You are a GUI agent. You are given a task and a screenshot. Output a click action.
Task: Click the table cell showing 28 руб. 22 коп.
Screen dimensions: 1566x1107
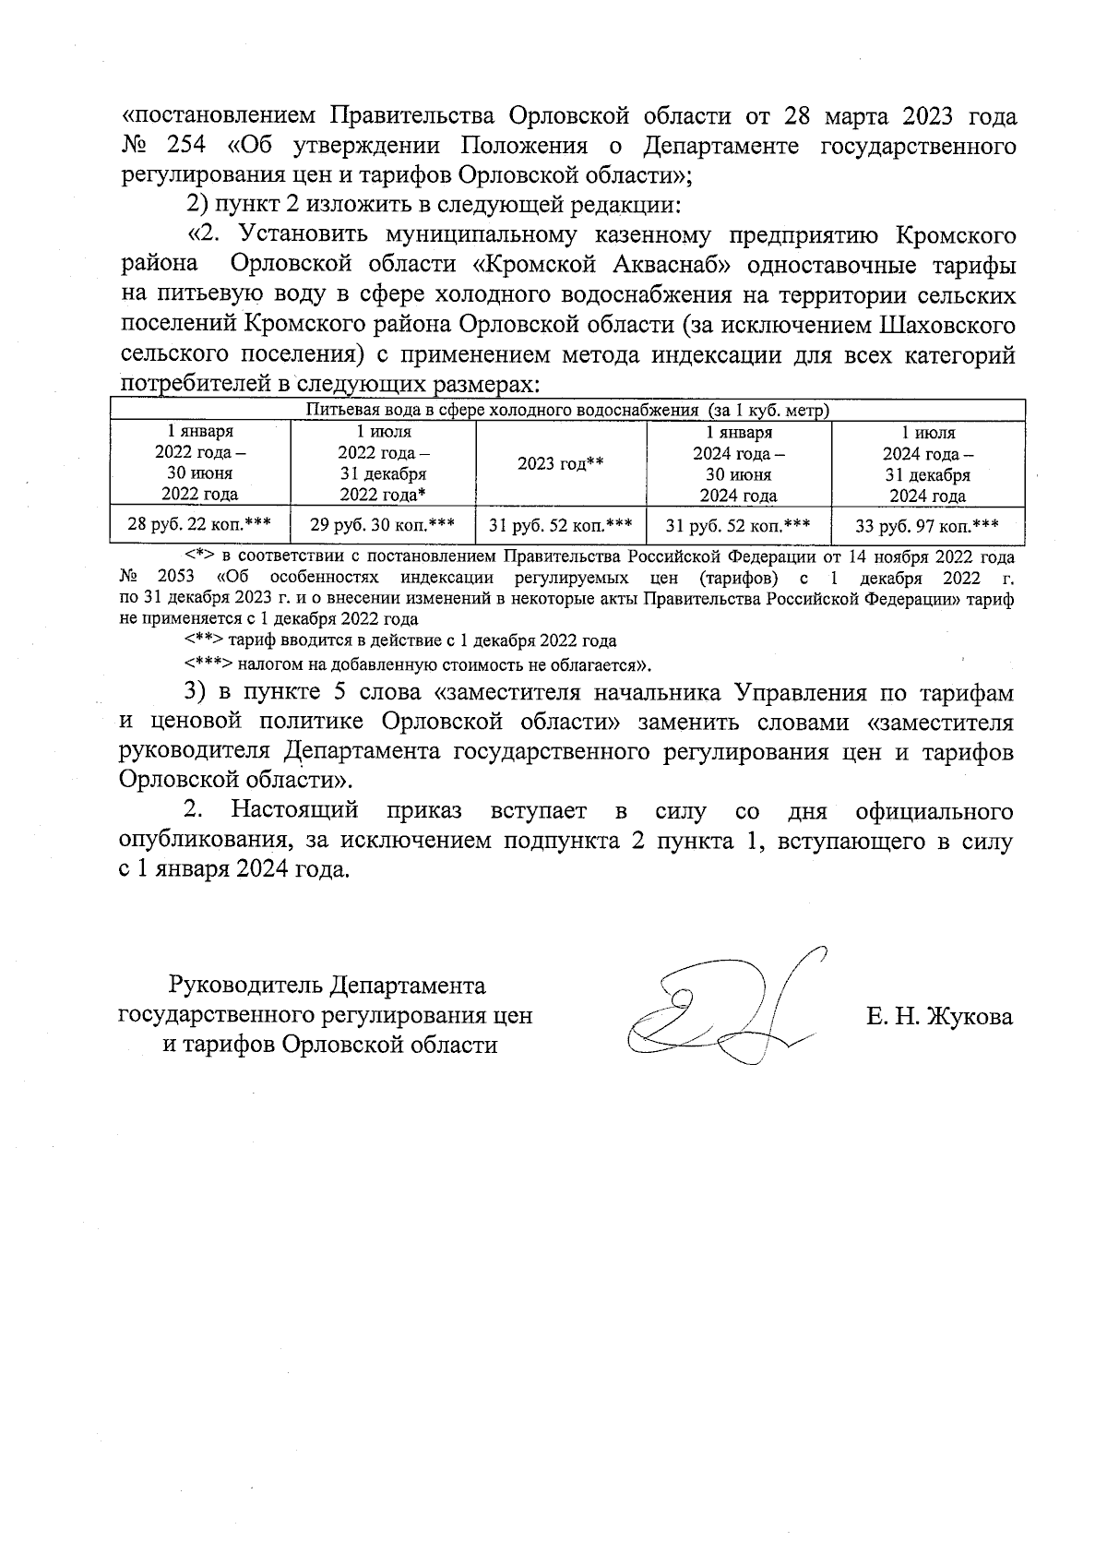(199, 525)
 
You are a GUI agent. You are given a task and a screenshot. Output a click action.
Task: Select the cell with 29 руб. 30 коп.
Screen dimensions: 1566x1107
(382, 525)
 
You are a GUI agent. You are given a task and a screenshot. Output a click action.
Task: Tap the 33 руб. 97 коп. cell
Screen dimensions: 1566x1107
(927, 526)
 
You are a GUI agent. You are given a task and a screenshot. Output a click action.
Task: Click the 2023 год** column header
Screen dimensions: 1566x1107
(560, 463)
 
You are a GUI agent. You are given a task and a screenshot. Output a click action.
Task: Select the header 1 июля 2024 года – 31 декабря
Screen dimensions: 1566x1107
(927, 463)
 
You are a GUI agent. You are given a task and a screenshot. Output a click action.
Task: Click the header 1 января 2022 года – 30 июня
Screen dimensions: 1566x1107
(199, 462)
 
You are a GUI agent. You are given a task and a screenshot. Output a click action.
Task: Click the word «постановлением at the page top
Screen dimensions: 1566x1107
(220, 116)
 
